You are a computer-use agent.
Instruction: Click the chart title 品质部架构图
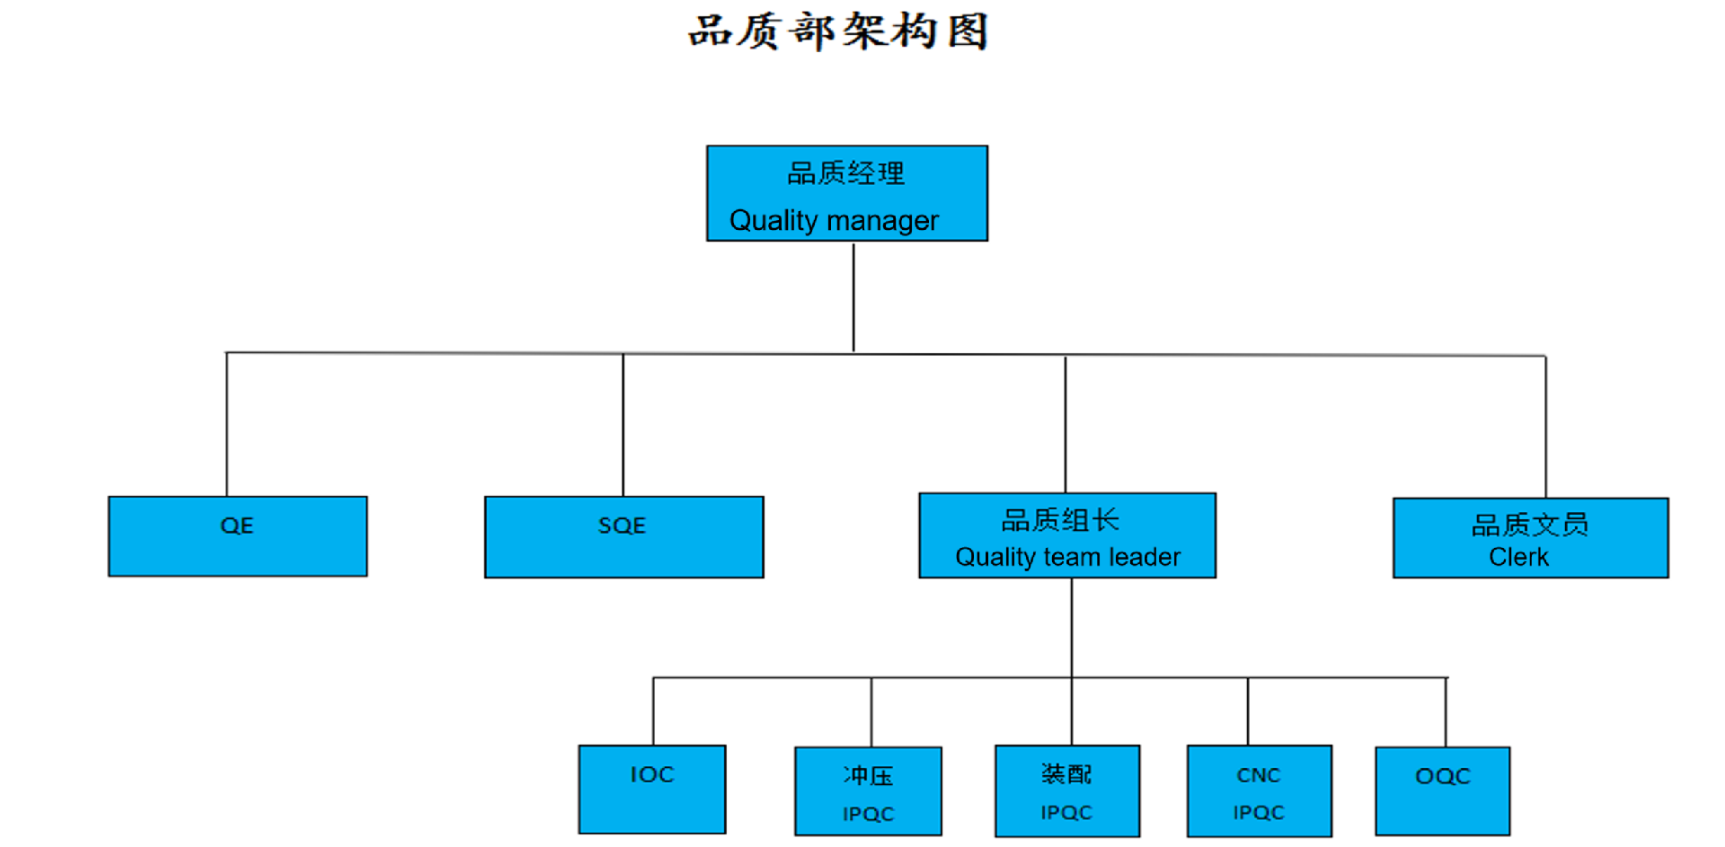(x=838, y=31)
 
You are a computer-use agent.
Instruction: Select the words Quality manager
(x=834, y=220)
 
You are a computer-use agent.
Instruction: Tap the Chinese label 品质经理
(x=845, y=173)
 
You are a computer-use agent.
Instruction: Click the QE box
(x=237, y=536)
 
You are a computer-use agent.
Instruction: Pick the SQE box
(x=624, y=536)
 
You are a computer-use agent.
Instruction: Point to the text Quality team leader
(x=1067, y=557)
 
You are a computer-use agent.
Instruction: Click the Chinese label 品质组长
(x=1060, y=520)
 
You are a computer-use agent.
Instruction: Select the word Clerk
(x=1518, y=557)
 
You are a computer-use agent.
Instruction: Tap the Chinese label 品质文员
(x=1529, y=525)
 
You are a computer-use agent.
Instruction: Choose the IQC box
(x=652, y=789)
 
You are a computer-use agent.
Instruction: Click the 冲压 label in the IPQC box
(x=868, y=775)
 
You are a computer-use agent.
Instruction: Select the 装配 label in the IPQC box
(x=1066, y=773)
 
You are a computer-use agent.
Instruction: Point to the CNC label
(x=1258, y=775)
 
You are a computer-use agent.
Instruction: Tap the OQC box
(x=1442, y=790)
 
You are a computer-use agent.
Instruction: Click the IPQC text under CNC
(x=1258, y=813)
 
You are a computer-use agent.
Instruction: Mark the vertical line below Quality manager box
(x=854, y=296)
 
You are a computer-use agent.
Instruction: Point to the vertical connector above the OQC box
(x=1446, y=711)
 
